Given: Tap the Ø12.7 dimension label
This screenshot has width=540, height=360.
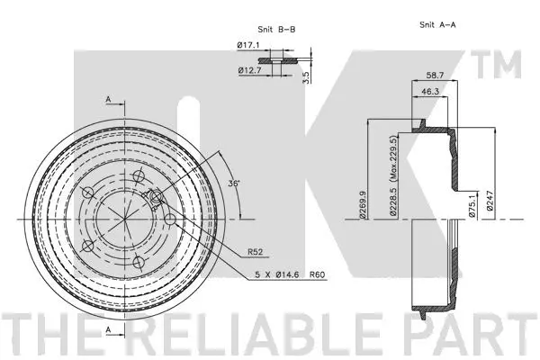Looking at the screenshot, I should (247, 70).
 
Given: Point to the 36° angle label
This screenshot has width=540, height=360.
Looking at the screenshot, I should (235, 184).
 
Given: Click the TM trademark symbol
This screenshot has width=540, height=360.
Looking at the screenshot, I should (505, 67).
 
